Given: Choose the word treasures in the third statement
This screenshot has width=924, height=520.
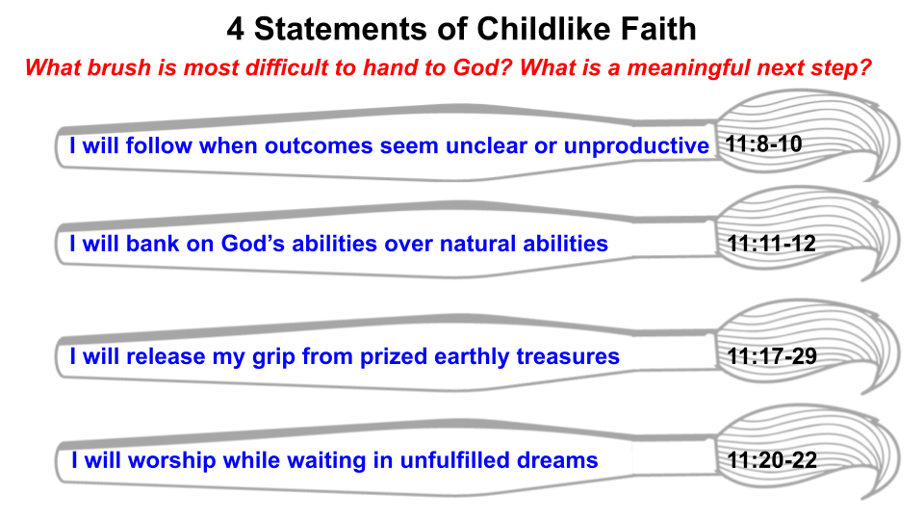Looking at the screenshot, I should [568, 356].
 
